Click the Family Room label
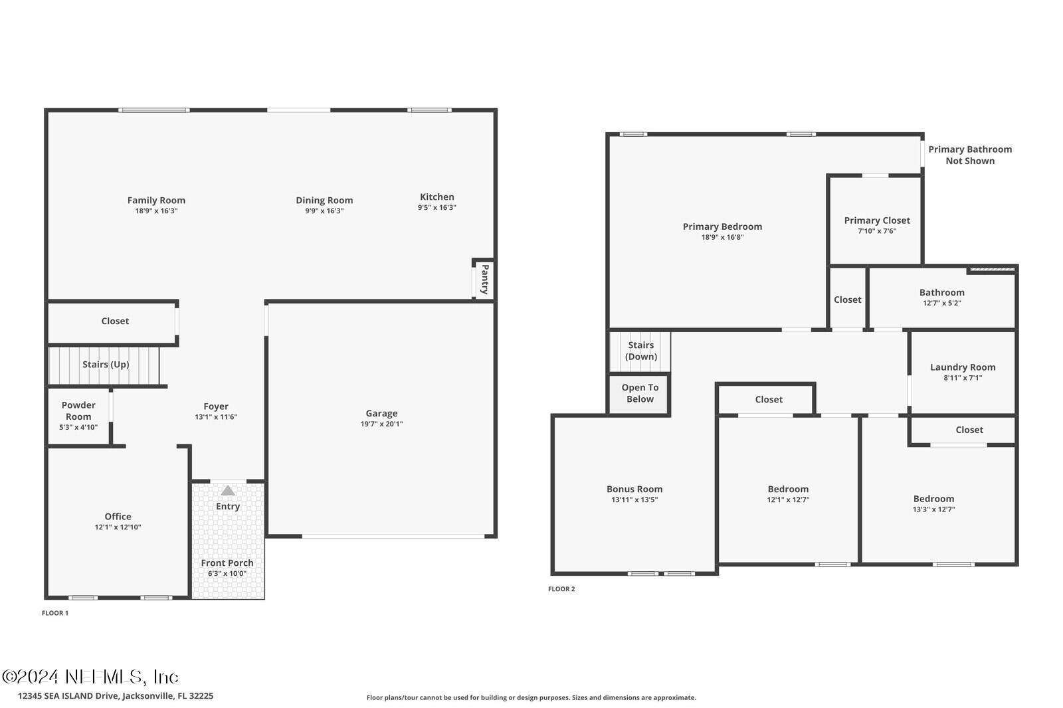click(156, 200)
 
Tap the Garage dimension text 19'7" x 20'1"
click(381, 424)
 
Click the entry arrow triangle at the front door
click(228, 491)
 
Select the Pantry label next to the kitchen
click(485, 280)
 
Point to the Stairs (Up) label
click(106, 365)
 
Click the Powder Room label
click(78, 410)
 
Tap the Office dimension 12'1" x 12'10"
click(118, 527)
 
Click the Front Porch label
click(227, 563)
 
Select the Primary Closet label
click(877, 221)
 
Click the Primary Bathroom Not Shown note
click(970, 155)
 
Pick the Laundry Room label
click(963, 367)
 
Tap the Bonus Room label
click(634, 489)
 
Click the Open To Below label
click(640, 393)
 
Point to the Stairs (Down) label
click(641, 351)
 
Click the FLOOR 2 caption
click(561, 589)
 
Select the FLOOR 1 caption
click(55, 613)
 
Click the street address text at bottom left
click(116, 696)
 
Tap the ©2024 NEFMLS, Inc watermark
click(90, 677)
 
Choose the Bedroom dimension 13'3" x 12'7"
click(933, 509)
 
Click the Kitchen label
click(437, 197)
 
